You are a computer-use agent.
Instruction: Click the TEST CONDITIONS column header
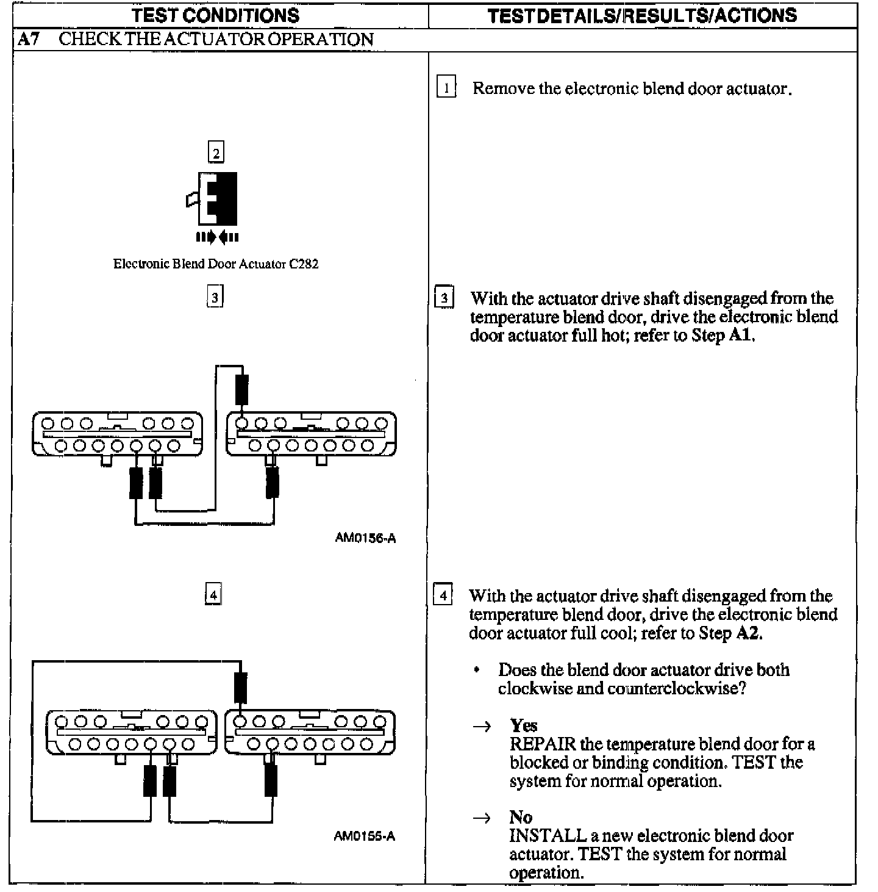[x=216, y=15]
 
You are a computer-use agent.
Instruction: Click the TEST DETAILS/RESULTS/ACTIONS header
[x=642, y=15]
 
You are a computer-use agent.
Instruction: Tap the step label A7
[x=29, y=40]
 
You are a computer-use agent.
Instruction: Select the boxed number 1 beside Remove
[x=446, y=88]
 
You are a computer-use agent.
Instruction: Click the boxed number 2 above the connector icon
[x=216, y=152]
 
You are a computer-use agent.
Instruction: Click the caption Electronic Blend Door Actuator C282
[x=216, y=264]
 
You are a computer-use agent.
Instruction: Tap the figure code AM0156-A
[x=365, y=538]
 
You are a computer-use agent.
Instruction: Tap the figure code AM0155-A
[x=364, y=836]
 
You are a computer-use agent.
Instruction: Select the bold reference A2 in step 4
[x=748, y=633]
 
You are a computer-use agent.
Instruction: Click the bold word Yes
[x=524, y=725]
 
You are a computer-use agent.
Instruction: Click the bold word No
[x=521, y=817]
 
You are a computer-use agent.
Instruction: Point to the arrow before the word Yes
[x=482, y=726]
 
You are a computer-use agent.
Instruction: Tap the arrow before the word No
[x=482, y=818]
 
